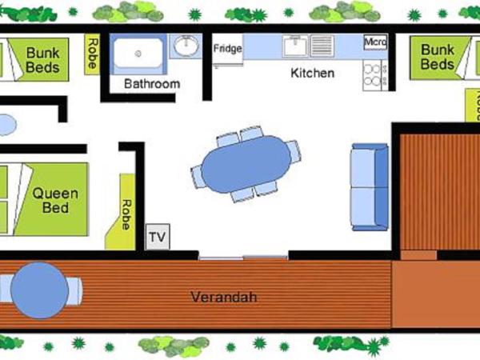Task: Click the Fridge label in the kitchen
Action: click(x=227, y=48)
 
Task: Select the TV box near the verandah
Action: click(x=158, y=238)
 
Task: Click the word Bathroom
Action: click(x=151, y=83)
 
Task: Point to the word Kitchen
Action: click(x=312, y=73)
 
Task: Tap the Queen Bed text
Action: click(x=55, y=201)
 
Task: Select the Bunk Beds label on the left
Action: click(x=42, y=60)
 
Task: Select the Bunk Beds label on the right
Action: click(x=438, y=57)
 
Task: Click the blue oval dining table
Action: click(x=245, y=166)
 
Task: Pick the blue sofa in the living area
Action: click(x=370, y=186)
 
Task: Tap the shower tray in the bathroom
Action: click(x=138, y=54)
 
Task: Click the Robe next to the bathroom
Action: click(x=93, y=54)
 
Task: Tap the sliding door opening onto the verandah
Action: click(x=243, y=256)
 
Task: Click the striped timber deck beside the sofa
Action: click(x=434, y=192)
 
